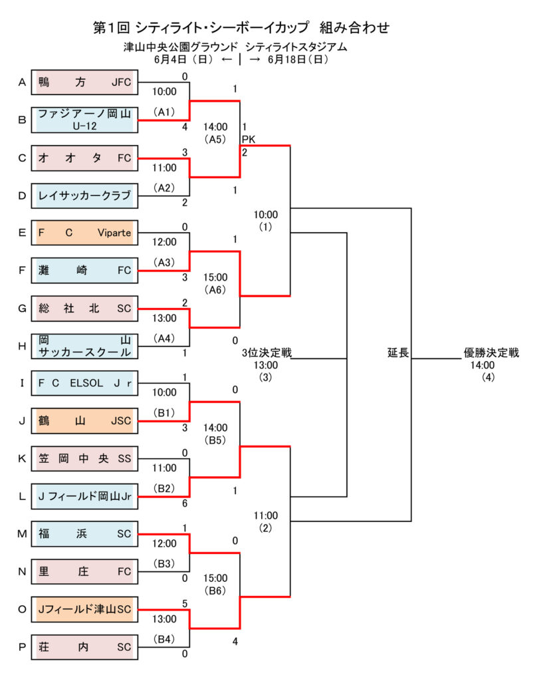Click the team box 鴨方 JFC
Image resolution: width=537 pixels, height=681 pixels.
tap(84, 82)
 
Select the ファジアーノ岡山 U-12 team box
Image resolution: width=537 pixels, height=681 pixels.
tap(84, 120)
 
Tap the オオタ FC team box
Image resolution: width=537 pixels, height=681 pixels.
tap(84, 158)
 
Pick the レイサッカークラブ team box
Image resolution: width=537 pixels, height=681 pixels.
tap(84, 196)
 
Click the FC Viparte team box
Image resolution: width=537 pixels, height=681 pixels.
tap(84, 233)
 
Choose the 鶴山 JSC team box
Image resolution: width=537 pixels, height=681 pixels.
tap(84, 420)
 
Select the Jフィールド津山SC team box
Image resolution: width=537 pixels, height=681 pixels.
tap(84, 609)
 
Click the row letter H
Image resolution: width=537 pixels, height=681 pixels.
tap(22, 346)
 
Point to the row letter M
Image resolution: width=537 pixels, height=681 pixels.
tap(22, 533)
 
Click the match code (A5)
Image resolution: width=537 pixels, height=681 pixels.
tap(215, 139)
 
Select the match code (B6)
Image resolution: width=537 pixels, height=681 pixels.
tap(215, 590)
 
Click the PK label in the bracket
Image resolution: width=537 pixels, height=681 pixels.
tap(249, 139)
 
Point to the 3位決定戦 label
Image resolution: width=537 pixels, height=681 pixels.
tap(267, 352)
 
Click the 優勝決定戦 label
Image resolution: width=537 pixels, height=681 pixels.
tap(491, 352)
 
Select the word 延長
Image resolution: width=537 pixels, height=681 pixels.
tap(398, 352)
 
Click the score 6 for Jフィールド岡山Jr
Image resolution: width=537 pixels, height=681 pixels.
tap(184, 503)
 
